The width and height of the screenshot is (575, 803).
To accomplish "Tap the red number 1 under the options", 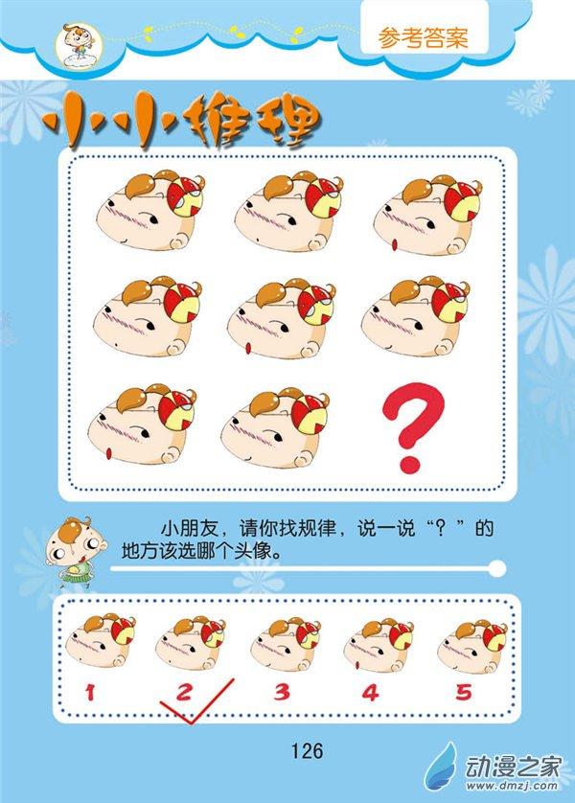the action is coord(91,693).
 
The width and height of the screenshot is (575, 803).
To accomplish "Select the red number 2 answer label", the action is coord(184,693).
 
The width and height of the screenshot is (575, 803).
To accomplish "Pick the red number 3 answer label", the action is coord(282,693).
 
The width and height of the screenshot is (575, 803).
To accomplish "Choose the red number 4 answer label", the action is coord(370,693).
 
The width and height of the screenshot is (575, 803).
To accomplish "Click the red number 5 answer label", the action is coord(464,693).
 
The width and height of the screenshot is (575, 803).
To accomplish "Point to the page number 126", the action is coord(308,750).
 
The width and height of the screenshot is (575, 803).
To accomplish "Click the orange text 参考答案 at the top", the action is coord(424,38).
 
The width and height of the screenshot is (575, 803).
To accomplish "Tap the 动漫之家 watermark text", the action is coord(514,767).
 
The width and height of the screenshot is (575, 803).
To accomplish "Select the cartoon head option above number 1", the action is coord(101,641).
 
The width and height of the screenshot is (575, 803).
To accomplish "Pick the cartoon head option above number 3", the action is coord(286,644).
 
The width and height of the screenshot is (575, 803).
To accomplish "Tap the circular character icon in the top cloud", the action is coord(79,46).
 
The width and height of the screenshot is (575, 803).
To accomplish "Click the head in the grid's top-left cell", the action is coord(150,210).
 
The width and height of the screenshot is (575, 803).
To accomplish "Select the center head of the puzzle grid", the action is coord(282,318).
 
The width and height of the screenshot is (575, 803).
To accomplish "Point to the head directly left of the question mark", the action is coord(275,426).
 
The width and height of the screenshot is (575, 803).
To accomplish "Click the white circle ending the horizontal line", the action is coord(497,568).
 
